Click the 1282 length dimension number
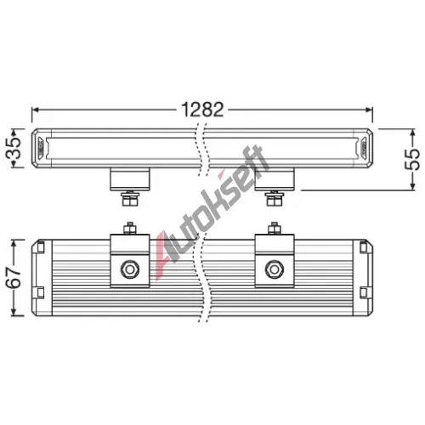pos(202,110)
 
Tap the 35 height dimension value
pos(14,148)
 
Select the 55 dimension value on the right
pos(412,159)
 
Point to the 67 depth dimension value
pos(14,278)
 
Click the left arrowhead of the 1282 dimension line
pos(35,110)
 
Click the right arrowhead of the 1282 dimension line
pos(370,110)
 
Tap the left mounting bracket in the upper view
pos(130,179)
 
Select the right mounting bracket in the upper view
pos(275,179)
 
